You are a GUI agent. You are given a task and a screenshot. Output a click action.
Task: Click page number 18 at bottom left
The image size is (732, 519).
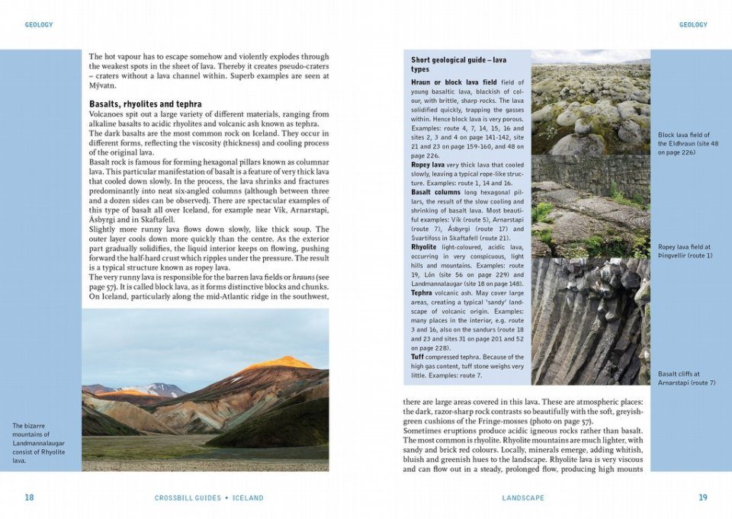pos(29,498)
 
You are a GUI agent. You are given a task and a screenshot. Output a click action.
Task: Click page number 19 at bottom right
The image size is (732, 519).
pos(703,498)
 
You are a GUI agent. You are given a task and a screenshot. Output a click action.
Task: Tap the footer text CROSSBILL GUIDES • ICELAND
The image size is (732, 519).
pos(209,498)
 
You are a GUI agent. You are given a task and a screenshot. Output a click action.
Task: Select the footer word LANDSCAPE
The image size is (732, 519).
pos(523,498)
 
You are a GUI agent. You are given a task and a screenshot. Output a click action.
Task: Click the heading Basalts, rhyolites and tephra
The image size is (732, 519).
pos(146,104)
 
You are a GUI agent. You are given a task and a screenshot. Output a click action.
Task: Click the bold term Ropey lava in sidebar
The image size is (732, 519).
pos(428,165)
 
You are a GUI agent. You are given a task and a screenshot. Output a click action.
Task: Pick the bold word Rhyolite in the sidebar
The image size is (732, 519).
pos(424,247)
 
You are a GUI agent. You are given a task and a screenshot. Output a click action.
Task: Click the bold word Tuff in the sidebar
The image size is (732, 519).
pos(418,357)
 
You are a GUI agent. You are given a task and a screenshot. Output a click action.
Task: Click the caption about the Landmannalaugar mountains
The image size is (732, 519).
pos(39,443)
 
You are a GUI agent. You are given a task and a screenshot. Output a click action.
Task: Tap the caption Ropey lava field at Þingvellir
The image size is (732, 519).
pos(685,251)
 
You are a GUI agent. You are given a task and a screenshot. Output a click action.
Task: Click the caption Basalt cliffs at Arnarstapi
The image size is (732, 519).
pos(687,378)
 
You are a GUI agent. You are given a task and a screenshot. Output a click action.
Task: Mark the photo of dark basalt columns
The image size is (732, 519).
pos(590,320)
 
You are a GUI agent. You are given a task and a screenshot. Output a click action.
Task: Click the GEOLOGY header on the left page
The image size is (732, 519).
pos(39,25)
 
